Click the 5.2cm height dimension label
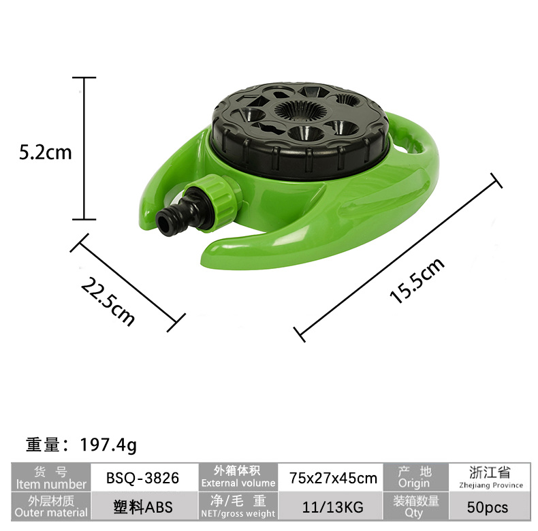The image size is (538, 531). tap(46, 152)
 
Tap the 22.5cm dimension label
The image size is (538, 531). tap(108, 301)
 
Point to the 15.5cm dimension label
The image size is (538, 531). tap(417, 280)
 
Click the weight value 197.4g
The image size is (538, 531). tap(108, 445)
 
